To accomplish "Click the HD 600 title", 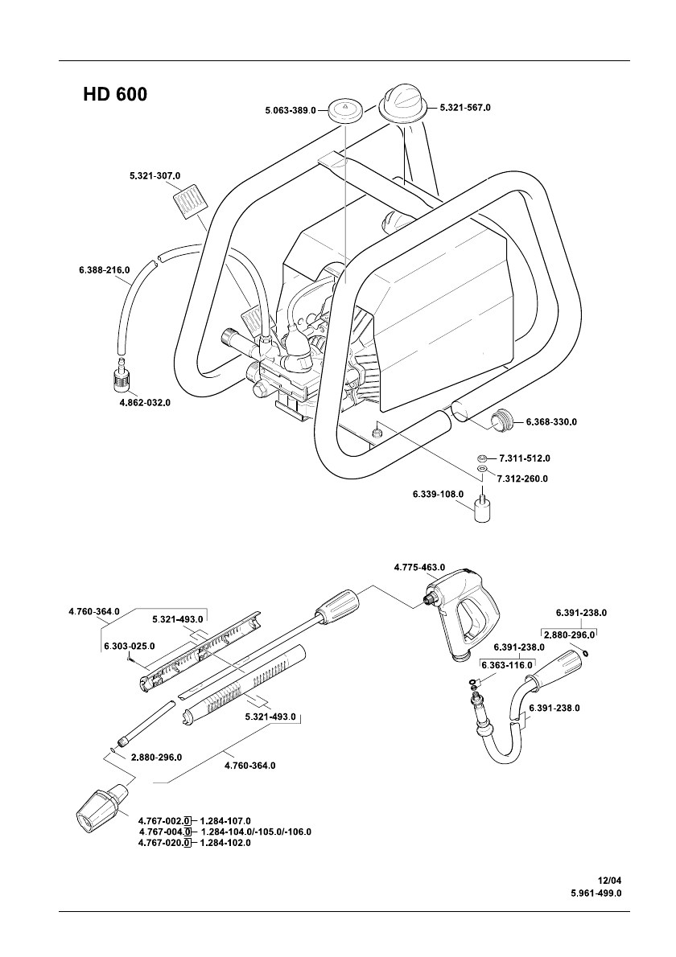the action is pyautogui.click(x=115, y=95).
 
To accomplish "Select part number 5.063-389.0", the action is pyautogui.click(x=291, y=110).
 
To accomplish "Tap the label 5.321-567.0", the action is pyautogui.click(x=465, y=108).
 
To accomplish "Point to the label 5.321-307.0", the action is pyautogui.click(x=155, y=175).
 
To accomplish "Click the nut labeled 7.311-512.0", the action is pyautogui.click(x=482, y=458).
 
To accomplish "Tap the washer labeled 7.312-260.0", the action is pyautogui.click(x=482, y=470).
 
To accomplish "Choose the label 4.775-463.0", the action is pyautogui.click(x=419, y=567).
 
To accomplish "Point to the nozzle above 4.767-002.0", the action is pyautogui.click(x=102, y=807).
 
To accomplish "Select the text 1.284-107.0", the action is pyautogui.click(x=225, y=821).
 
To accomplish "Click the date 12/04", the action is pyautogui.click(x=609, y=880).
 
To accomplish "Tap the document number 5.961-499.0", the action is pyautogui.click(x=596, y=893).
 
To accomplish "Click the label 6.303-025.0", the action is pyautogui.click(x=130, y=646).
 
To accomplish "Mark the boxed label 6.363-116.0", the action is pyautogui.click(x=508, y=664).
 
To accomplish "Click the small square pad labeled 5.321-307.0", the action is pyautogui.click(x=188, y=200).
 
